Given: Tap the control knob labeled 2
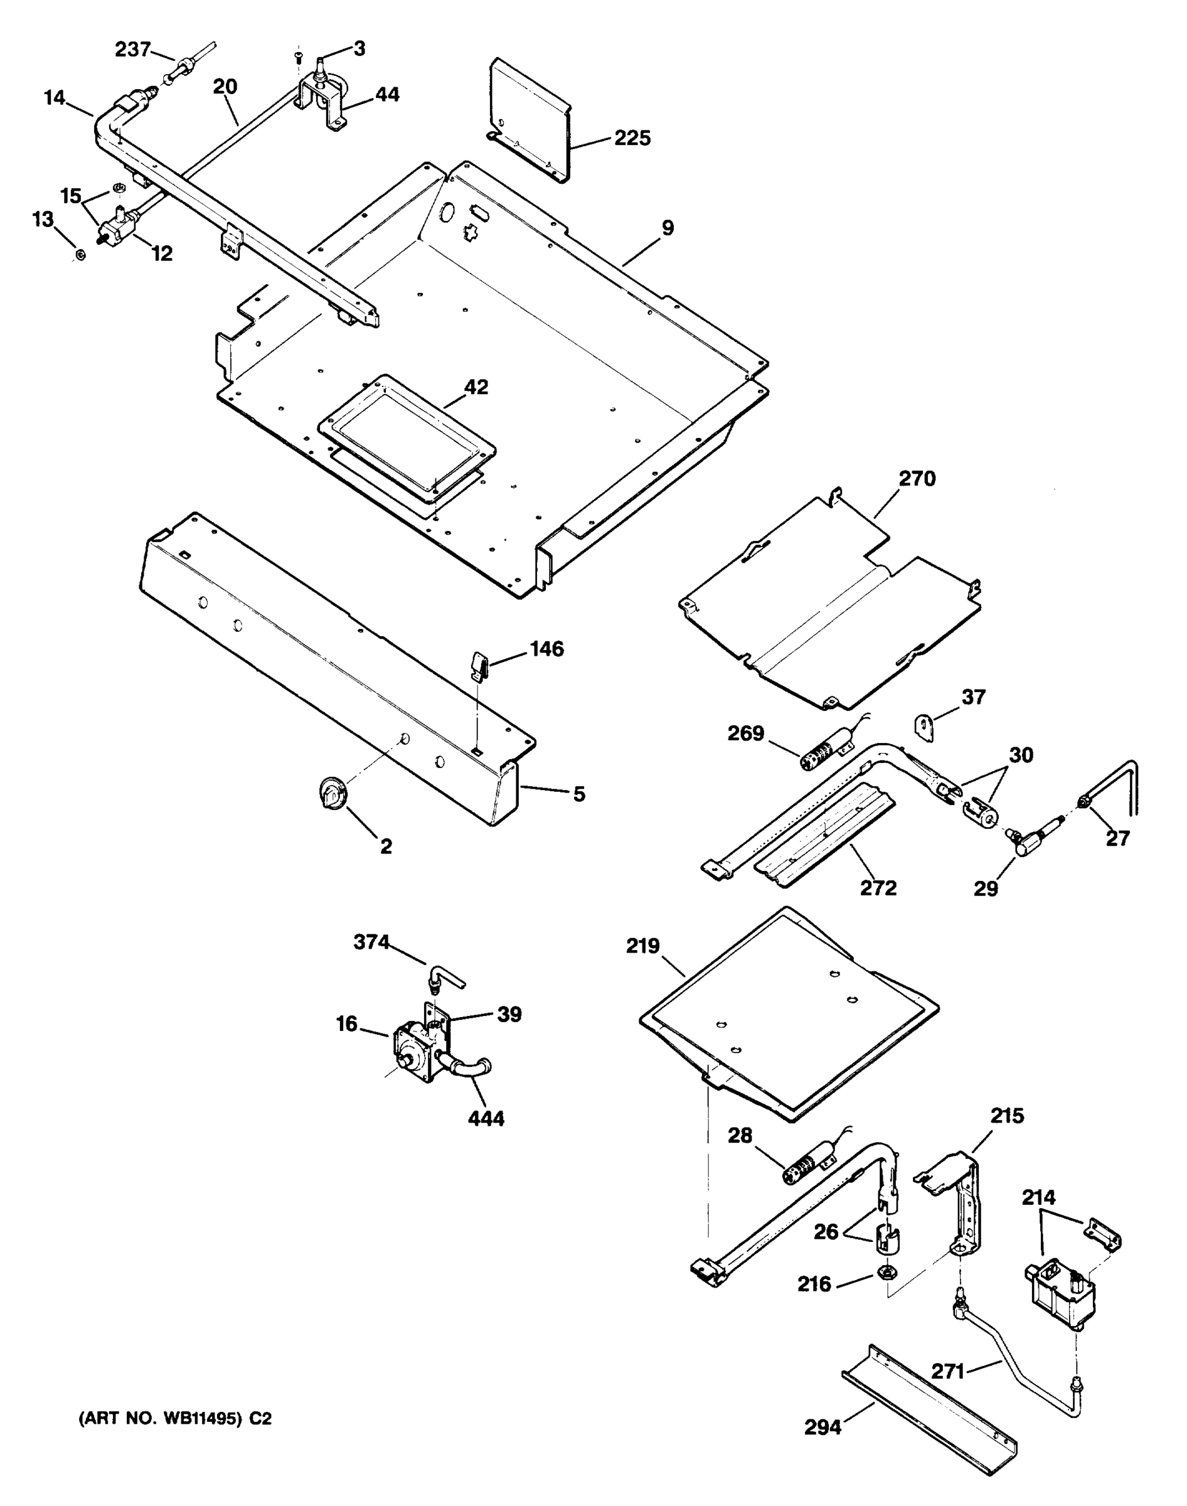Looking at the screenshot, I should click(332, 793).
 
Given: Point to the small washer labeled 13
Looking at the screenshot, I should click(80, 255).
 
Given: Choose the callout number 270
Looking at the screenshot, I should click(917, 479).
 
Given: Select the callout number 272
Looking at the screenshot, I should click(878, 888).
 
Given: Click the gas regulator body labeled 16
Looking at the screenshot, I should click(415, 1058).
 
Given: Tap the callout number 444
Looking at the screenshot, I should click(486, 1119).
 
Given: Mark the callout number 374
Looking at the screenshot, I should click(372, 943).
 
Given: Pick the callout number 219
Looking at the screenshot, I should click(643, 946).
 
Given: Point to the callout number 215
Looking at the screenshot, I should click(1007, 1116).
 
